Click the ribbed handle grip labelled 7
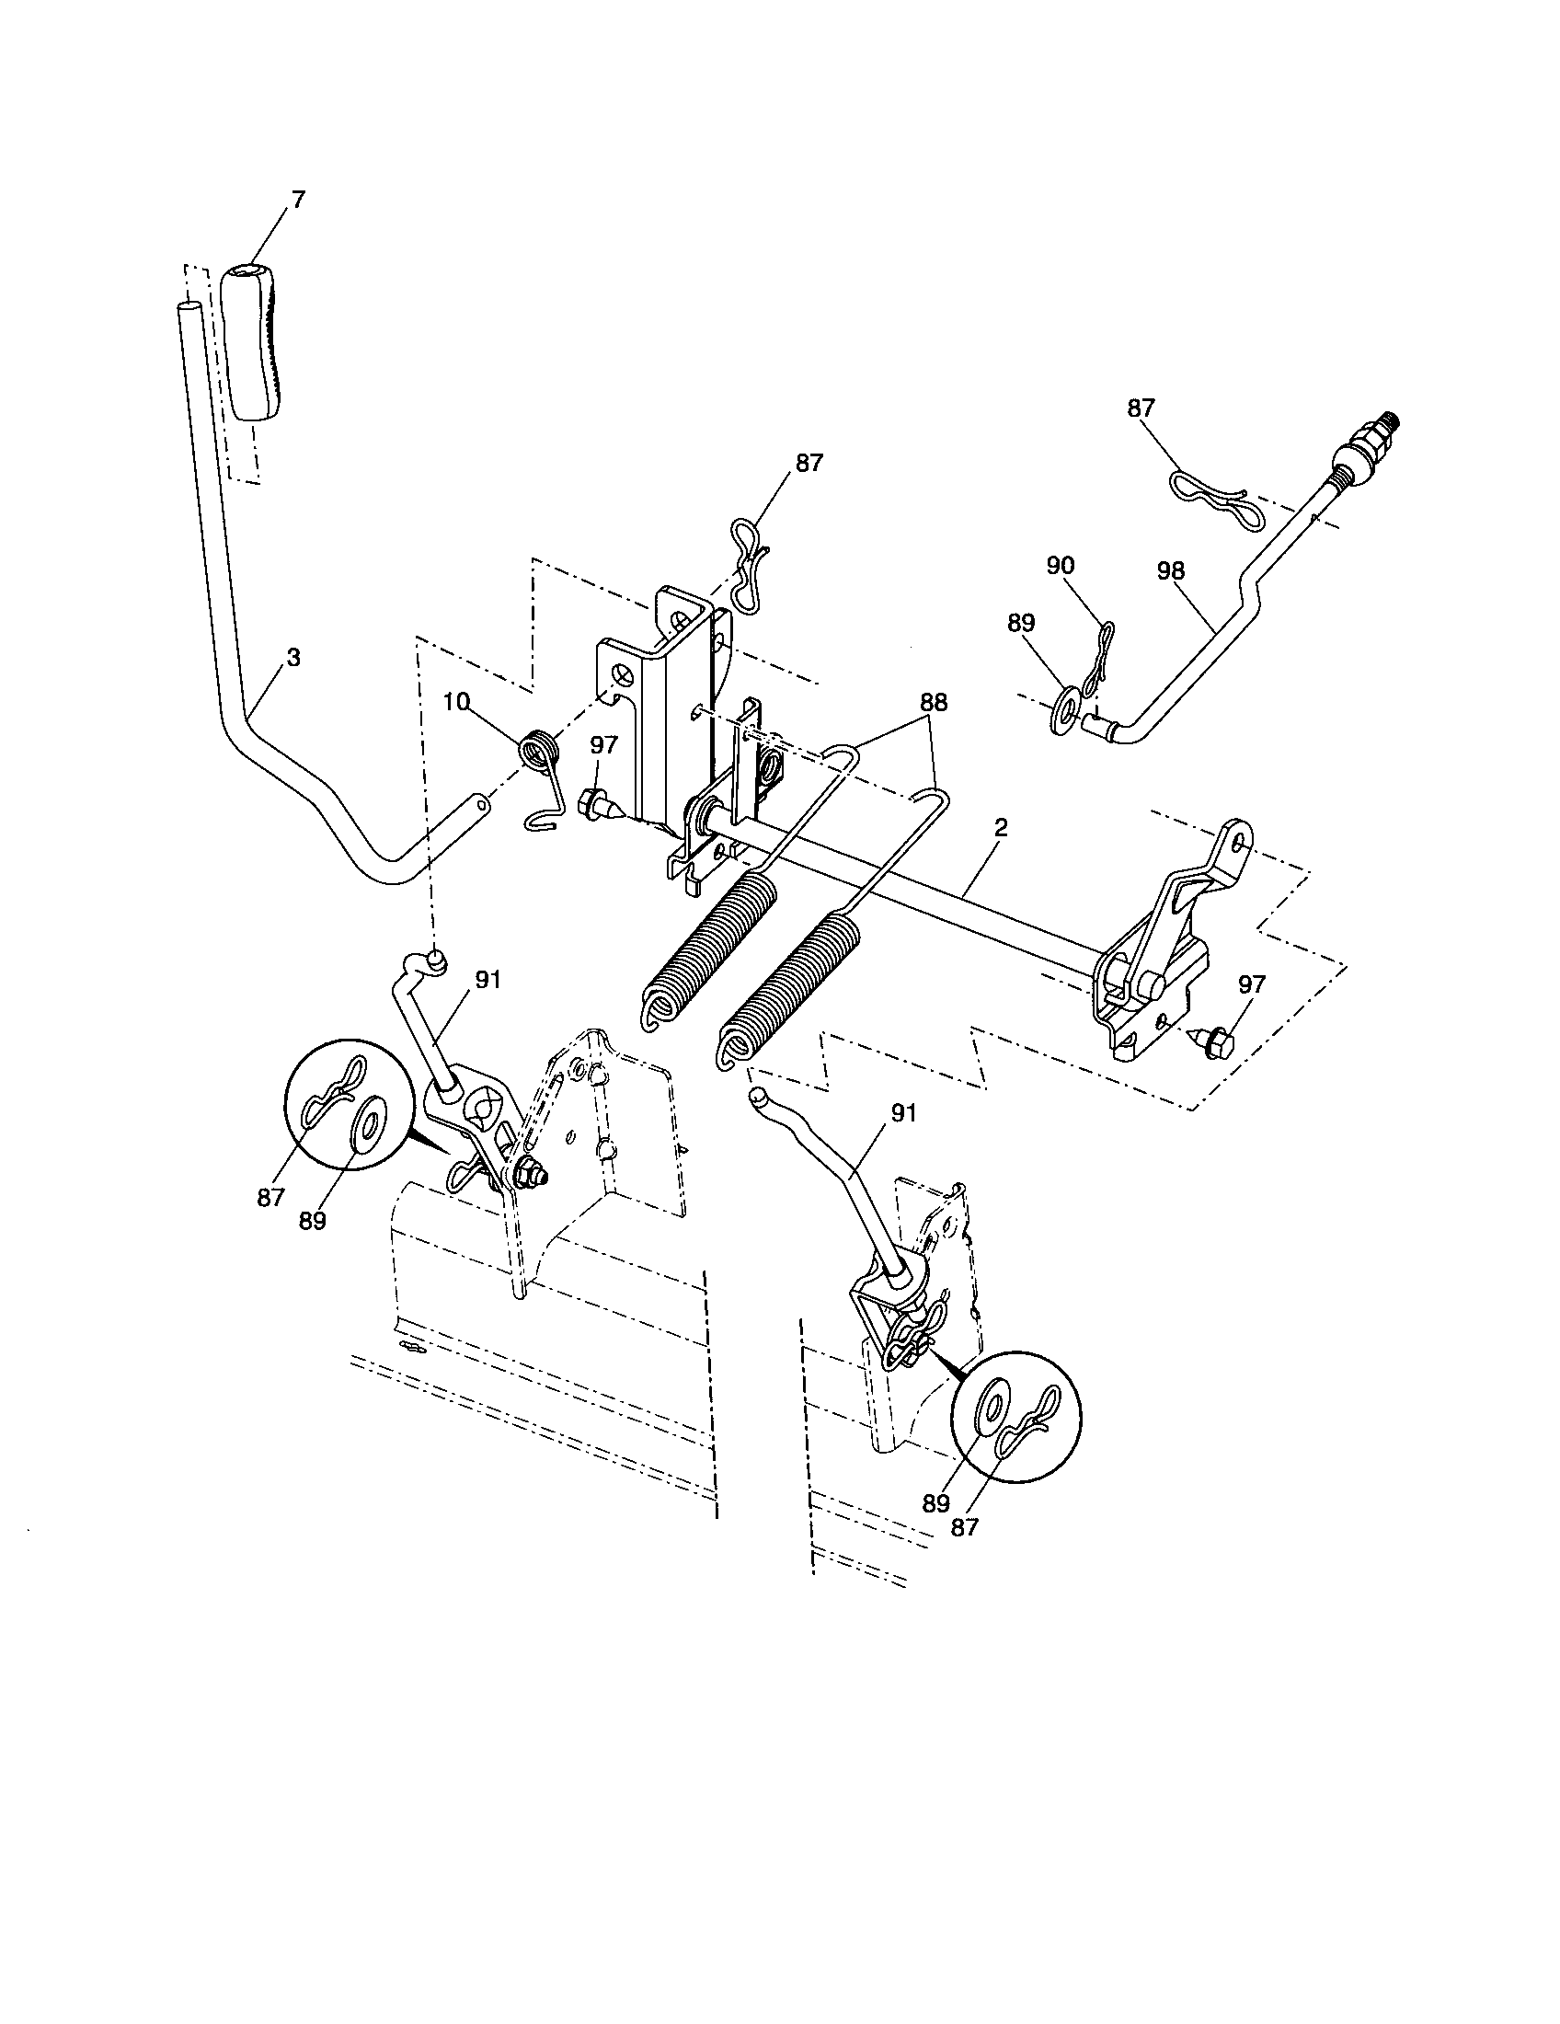(252, 341)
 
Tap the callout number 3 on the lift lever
(292, 659)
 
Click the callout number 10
(457, 703)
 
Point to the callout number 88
(933, 703)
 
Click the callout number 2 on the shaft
(1001, 829)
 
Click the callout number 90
(1061, 565)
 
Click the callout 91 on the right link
(902, 1113)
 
